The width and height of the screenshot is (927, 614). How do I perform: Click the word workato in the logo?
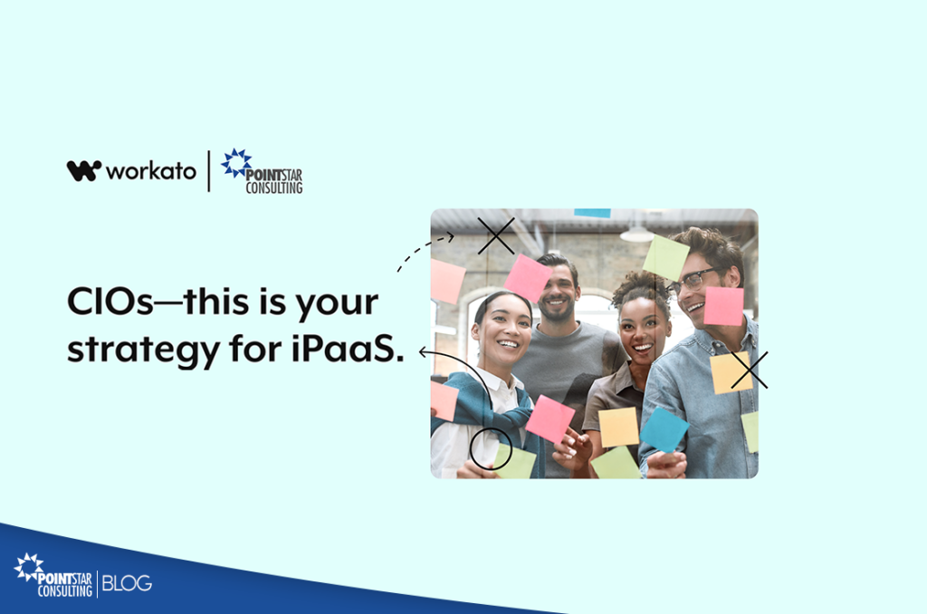(x=151, y=171)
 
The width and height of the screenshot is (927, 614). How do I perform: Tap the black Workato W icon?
(x=84, y=170)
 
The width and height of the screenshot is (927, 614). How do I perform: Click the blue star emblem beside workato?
(x=236, y=163)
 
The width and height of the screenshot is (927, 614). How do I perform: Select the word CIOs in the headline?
(x=110, y=302)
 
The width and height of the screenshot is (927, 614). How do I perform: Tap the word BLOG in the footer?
(x=127, y=583)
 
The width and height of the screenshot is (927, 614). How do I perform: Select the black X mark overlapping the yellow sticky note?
(x=750, y=370)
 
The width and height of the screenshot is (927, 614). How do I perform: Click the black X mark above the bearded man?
(x=496, y=236)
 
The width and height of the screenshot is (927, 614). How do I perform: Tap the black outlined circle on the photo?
(x=491, y=449)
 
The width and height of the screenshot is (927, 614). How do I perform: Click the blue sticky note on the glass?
(x=664, y=429)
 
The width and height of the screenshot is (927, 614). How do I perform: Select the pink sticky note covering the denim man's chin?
(x=723, y=306)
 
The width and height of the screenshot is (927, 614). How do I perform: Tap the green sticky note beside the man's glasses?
(x=665, y=257)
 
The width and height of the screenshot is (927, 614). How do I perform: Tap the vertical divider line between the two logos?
(x=209, y=171)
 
